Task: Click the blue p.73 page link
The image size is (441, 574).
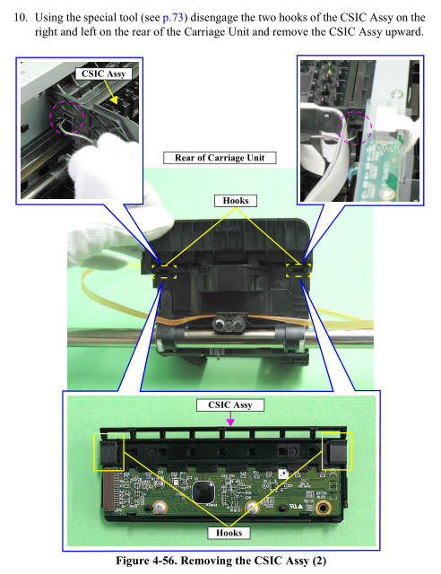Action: [x=172, y=17]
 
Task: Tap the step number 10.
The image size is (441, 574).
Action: [x=20, y=17]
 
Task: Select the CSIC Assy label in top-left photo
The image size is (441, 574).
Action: [x=104, y=74]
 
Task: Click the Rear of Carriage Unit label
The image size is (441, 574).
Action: [x=220, y=158]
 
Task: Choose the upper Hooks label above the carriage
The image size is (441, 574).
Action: [x=236, y=201]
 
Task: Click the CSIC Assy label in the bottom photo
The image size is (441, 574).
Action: [x=230, y=404]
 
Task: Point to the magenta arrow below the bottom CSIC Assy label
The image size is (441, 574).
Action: [x=230, y=419]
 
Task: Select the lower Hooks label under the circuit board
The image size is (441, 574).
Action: [x=229, y=533]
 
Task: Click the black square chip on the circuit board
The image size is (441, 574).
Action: [x=203, y=492]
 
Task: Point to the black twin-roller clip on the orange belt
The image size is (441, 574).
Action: [x=229, y=323]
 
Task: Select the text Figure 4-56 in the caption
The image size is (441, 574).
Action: [x=147, y=561]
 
